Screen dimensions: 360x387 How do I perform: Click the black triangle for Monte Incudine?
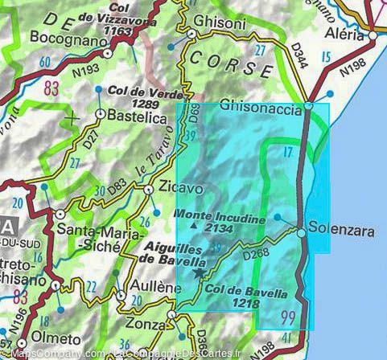pos(193,227)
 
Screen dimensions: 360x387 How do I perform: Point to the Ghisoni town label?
pos(220,22)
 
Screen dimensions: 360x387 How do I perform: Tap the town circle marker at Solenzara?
pos(301,232)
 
